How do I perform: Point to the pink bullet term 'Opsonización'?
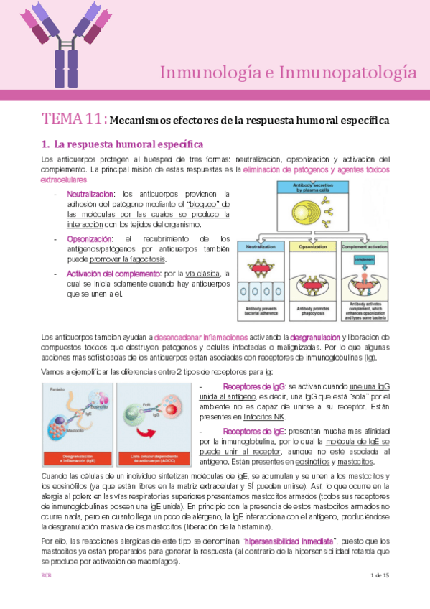point(90,238)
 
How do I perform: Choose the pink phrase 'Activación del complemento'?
point(108,274)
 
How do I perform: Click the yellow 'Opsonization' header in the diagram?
point(314,246)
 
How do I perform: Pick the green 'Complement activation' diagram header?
point(365,246)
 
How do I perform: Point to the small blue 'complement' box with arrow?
point(364,261)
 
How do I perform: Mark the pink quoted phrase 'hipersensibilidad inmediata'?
point(286,541)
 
